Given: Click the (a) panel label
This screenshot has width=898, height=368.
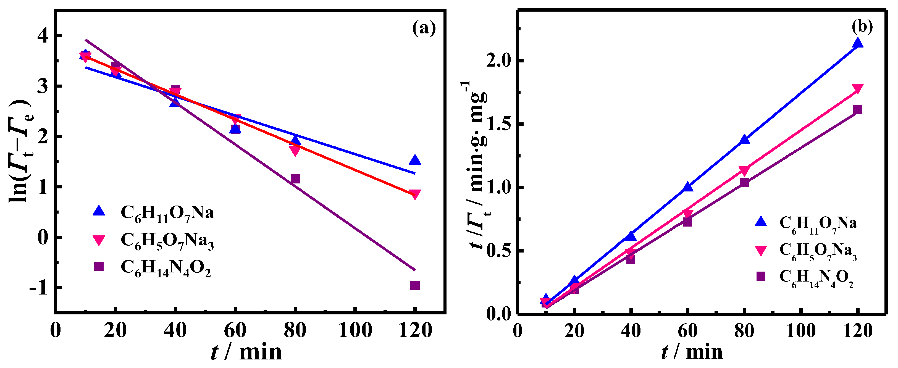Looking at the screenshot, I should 424,28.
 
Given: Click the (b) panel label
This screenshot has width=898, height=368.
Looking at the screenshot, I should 862,27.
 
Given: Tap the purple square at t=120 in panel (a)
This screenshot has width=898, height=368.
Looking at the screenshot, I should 415,285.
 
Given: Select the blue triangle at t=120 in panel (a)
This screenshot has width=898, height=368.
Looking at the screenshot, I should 415,160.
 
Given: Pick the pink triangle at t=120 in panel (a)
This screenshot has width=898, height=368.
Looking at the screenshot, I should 415,194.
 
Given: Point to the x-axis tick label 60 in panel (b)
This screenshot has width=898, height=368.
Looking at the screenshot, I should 687,330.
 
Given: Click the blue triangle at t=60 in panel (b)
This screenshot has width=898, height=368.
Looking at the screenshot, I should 687,187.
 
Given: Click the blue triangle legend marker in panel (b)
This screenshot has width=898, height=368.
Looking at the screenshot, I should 761,222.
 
